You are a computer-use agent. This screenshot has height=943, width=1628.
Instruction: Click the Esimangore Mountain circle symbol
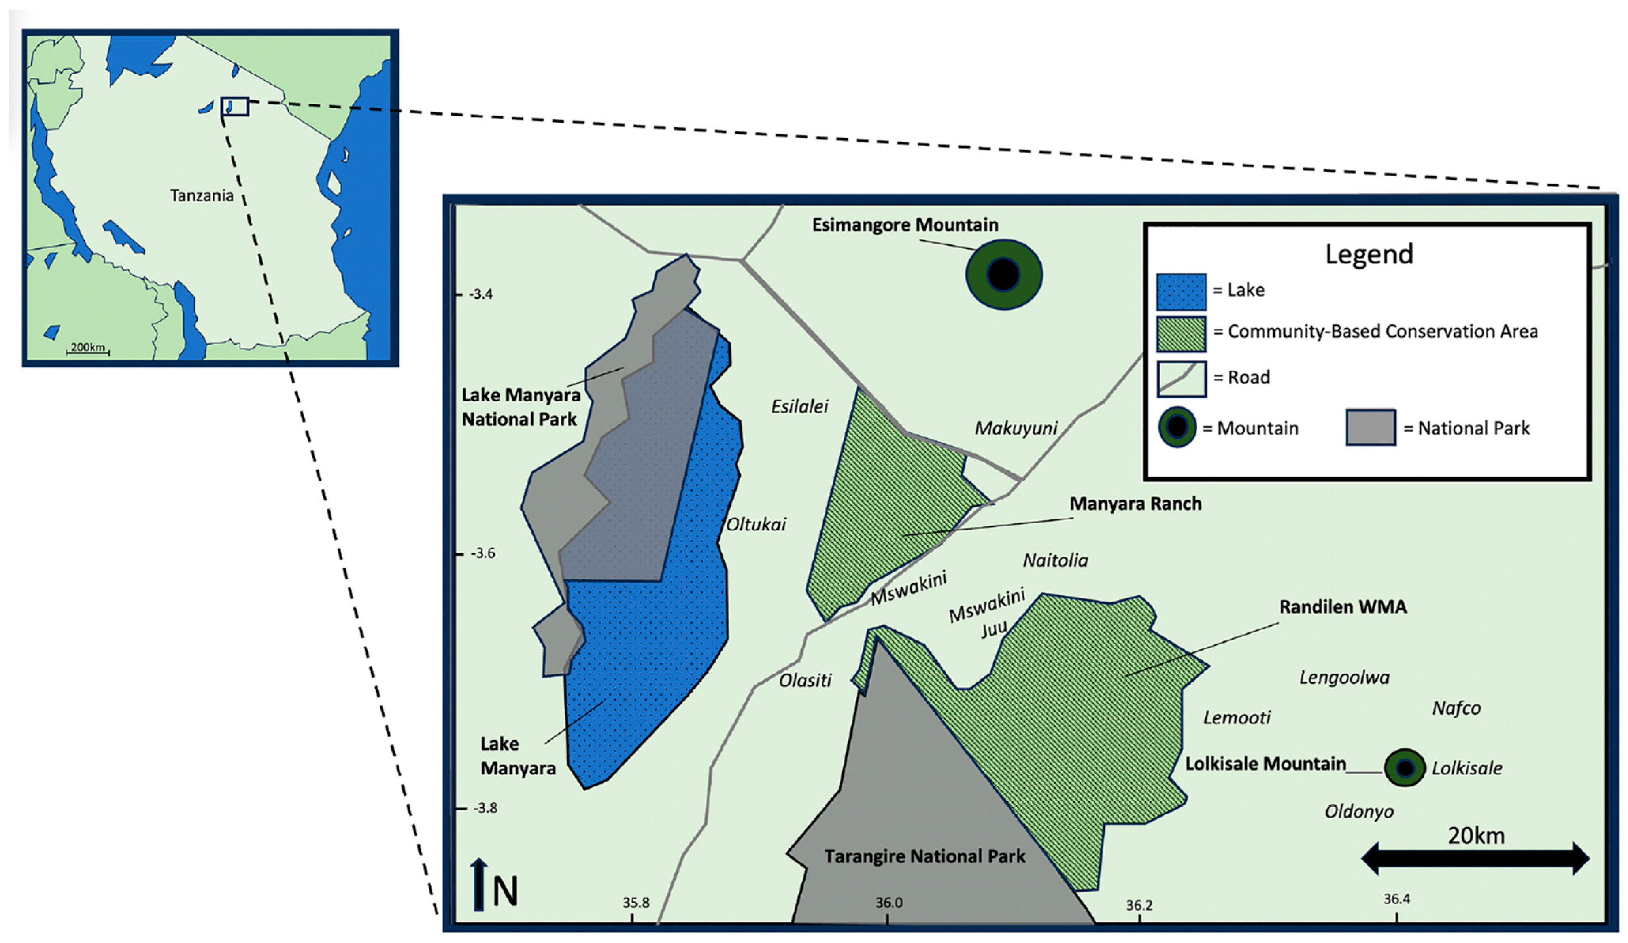coord(1003,275)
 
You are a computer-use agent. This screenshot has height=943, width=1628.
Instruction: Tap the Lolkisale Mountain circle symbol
coord(1405,768)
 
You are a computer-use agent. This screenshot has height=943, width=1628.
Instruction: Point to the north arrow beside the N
coord(478,884)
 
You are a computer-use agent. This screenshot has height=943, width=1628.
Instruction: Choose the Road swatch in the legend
coord(1181,378)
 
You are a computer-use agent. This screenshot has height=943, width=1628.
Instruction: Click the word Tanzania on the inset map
coord(202,195)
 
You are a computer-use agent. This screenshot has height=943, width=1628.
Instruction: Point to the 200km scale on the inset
coord(88,348)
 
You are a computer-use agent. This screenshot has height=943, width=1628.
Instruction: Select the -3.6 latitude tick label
coord(483,553)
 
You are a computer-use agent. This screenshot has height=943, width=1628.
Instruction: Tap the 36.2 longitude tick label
coord(1139,905)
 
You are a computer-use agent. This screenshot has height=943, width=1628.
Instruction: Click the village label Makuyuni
coord(1016,428)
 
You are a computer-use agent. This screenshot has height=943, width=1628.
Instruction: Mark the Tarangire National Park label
coord(924,856)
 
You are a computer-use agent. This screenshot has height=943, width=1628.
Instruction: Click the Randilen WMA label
coord(1343,607)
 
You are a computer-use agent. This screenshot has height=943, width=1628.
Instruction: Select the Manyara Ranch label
coord(1135,504)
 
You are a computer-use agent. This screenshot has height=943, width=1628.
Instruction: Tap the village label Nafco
coord(1456,708)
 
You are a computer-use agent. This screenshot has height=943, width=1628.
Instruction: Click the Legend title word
coord(1369,254)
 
